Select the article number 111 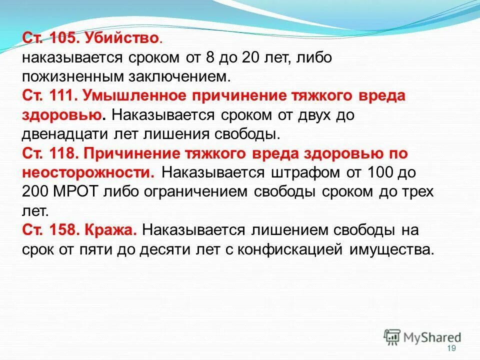[60, 95]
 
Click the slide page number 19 [451, 348]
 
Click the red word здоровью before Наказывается [63, 115]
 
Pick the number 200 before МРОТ [34, 191]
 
